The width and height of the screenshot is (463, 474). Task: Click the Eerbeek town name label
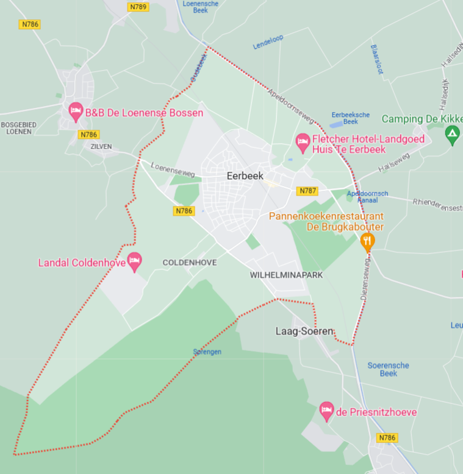coord(244,175)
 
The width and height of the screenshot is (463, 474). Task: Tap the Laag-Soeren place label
coord(304,331)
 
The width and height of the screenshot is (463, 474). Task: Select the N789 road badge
coord(138,7)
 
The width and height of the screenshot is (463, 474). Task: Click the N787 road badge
coord(307,191)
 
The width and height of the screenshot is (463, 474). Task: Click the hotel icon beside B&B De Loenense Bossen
coord(76,111)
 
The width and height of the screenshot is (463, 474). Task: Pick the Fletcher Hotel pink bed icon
coord(303,143)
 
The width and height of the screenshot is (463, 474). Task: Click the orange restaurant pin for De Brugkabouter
coord(367,242)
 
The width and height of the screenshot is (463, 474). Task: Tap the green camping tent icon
coord(452,134)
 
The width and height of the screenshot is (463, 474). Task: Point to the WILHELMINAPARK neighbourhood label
coord(286,275)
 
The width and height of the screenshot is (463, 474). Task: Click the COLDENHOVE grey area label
coord(190,262)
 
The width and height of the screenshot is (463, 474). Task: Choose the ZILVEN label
coord(101,147)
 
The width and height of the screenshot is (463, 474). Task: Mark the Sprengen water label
coord(207,352)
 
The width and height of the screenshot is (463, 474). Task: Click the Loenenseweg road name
coord(173,169)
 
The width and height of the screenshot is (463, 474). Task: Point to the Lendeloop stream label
coord(268,42)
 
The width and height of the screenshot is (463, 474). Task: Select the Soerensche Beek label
coord(388,369)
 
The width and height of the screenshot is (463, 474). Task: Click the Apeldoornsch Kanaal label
coord(367,197)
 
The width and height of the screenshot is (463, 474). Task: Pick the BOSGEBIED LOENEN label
coord(19,127)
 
